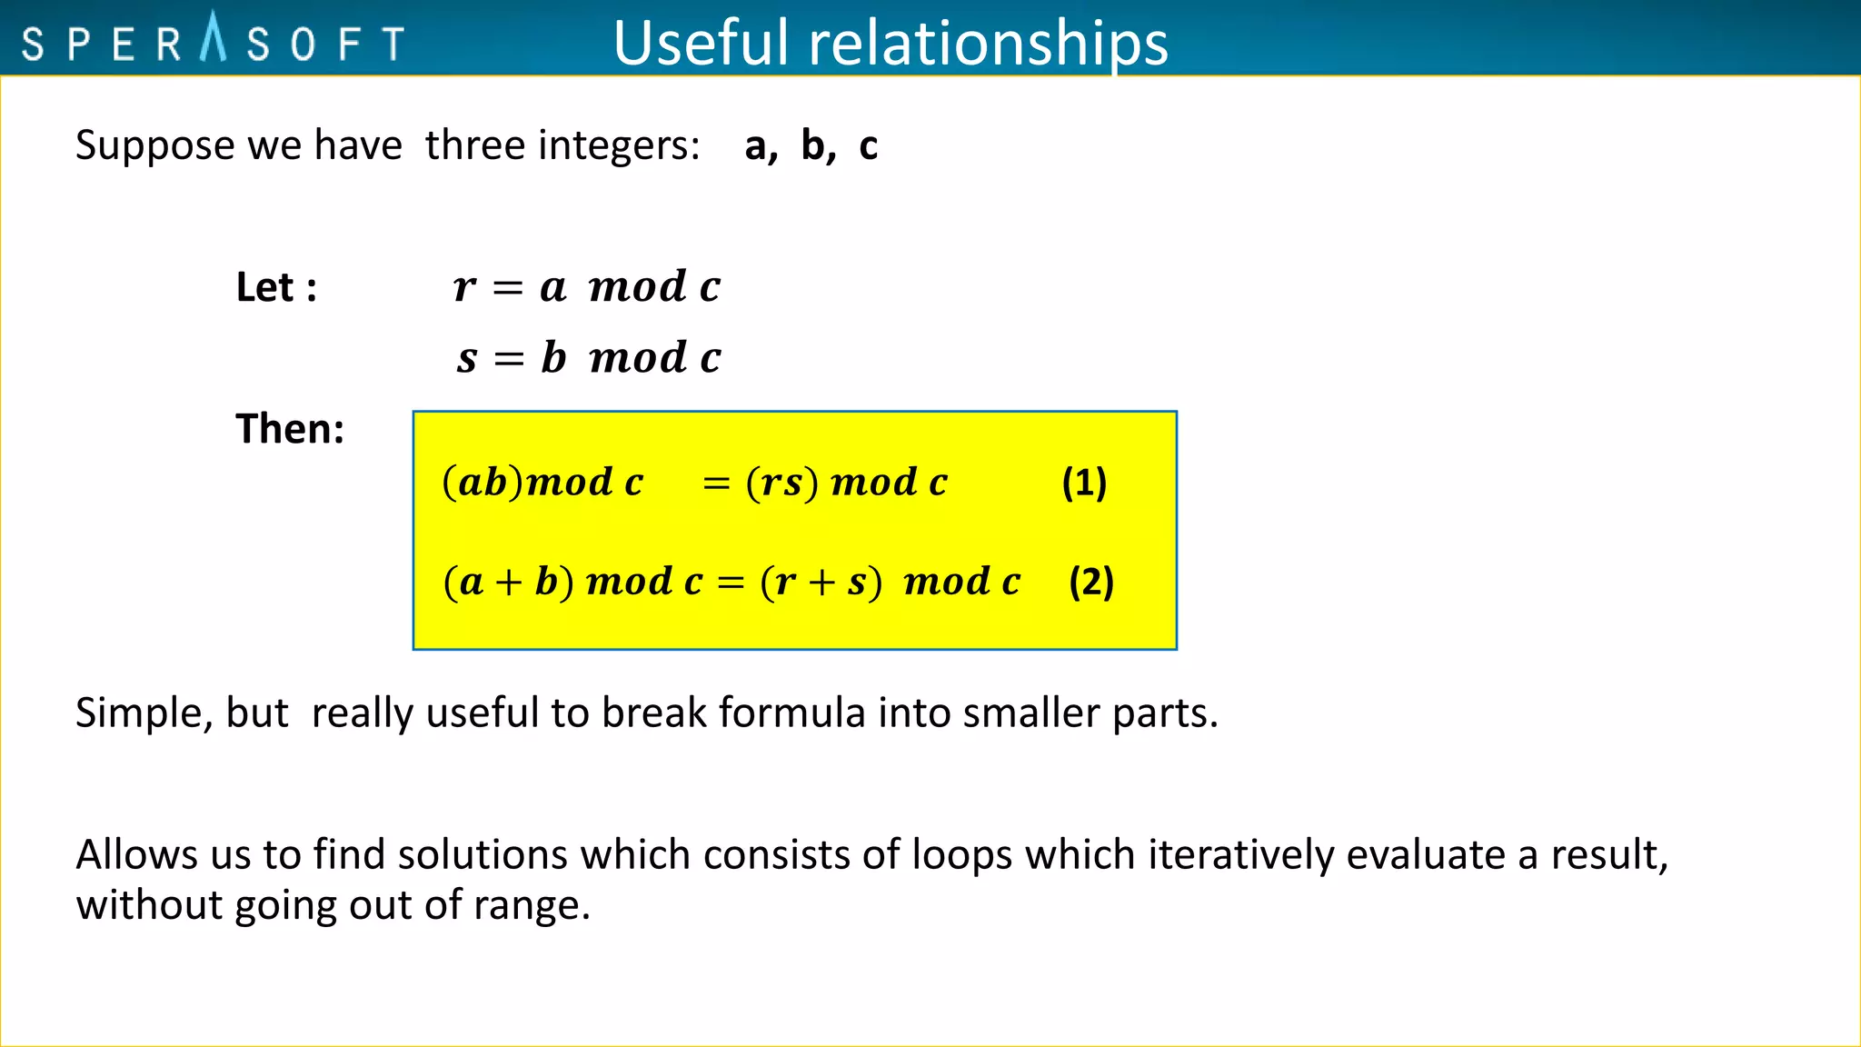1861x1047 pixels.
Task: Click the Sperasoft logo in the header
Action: point(213,41)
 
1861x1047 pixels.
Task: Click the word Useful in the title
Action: point(701,43)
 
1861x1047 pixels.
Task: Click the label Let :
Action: point(276,287)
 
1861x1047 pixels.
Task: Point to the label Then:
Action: point(290,428)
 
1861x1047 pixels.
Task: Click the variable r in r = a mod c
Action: point(464,287)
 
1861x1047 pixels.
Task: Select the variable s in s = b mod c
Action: point(467,358)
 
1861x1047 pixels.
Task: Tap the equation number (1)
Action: point(1084,482)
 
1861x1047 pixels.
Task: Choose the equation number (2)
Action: point(1091,582)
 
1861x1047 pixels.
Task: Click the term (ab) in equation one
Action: point(483,482)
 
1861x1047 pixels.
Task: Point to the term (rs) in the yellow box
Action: point(782,482)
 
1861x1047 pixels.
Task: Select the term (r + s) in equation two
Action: point(821,582)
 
